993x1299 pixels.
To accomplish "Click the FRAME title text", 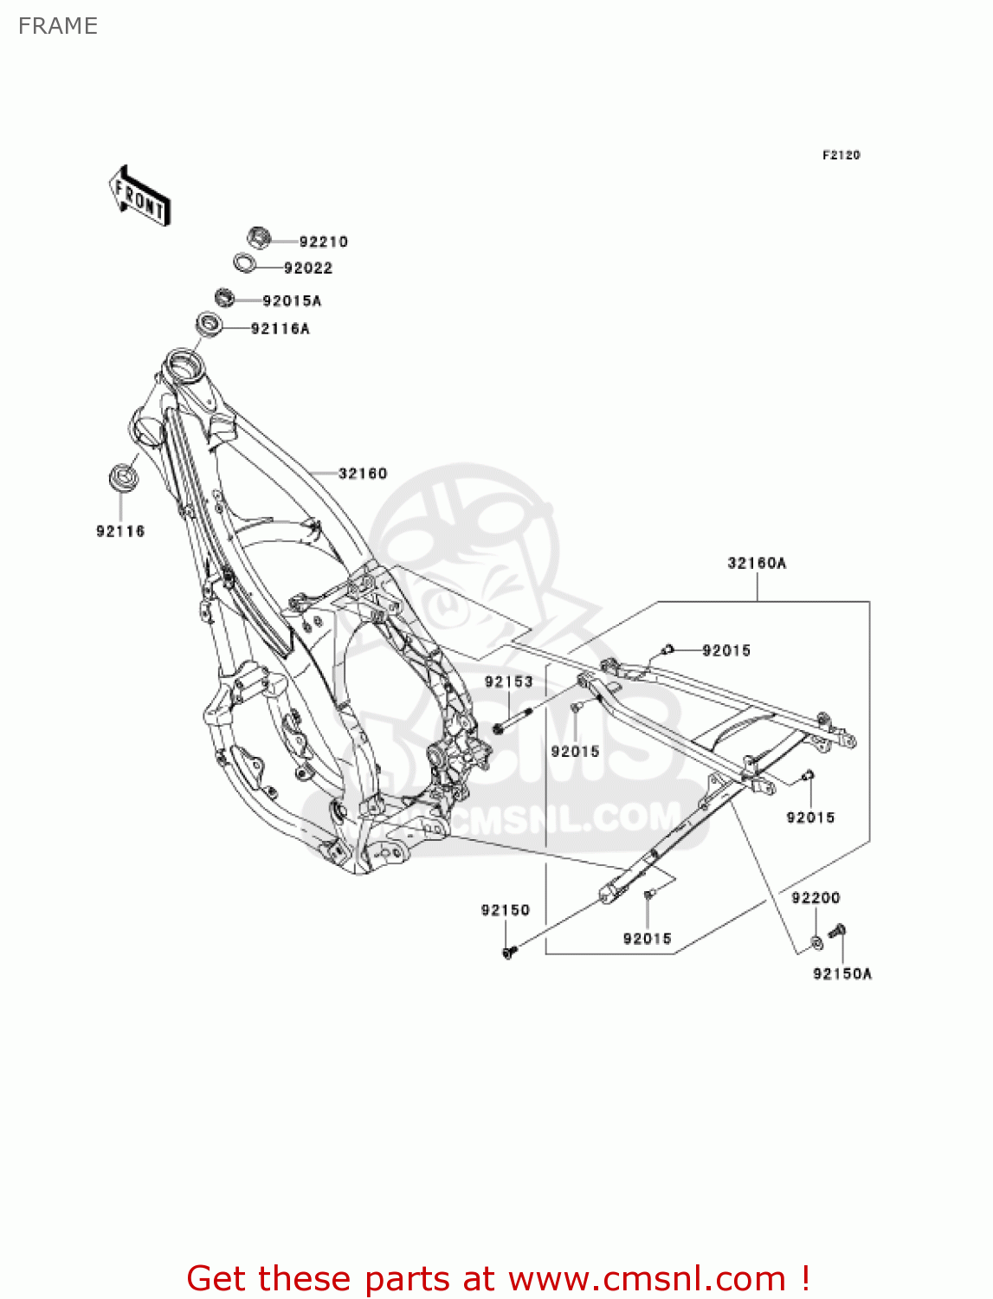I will click(x=58, y=26).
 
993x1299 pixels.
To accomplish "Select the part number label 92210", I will click(x=323, y=242).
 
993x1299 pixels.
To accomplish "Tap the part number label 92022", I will click(x=308, y=268).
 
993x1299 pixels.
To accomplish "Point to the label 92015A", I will click(x=292, y=301).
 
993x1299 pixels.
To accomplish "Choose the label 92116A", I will click(x=280, y=328).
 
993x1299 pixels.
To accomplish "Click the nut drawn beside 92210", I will click(x=258, y=236).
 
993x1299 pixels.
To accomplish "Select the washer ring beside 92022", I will click(x=245, y=262).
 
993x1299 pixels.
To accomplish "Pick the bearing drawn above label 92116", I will click(x=122, y=477).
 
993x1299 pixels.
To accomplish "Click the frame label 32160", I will click(x=363, y=473).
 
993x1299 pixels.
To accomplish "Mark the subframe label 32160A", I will click(x=757, y=563).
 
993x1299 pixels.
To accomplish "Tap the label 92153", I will click(x=508, y=682).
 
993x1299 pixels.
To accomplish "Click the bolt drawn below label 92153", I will click(x=511, y=722).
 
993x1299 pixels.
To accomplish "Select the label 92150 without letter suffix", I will click(x=505, y=909).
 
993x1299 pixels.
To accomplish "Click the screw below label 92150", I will click(x=508, y=952).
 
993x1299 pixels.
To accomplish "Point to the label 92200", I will click(x=816, y=897).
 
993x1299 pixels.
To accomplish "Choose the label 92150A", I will click(x=841, y=973).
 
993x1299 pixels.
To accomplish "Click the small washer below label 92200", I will click(x=816, y=940).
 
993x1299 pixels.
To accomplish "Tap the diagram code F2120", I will click(x=841, y=155).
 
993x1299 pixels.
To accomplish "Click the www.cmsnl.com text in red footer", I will click(x=647, y=1278).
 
